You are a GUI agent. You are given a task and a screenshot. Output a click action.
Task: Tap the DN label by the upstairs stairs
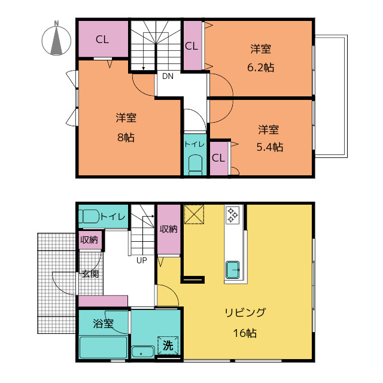tap(168, 76)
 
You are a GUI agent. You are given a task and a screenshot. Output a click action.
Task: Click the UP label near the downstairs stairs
tap(142, 260)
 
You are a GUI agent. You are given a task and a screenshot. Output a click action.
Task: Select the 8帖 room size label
tap(126, 138)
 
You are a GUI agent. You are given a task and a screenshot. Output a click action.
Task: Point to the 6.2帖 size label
tap(261, 68)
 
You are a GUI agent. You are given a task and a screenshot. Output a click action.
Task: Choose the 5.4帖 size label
tap(270, 147)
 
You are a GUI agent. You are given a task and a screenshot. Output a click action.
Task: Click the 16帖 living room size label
tap(245, 333)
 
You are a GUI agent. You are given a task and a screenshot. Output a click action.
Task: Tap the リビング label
tap(245, 312)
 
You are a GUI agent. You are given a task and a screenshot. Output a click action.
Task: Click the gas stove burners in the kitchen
tap(232, 215)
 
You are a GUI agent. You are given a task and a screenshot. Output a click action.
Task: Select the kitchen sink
tap(233, 270)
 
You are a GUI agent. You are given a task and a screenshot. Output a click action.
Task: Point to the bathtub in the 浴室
tap(104, 348)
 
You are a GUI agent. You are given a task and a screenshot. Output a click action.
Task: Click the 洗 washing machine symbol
tap(168, 345)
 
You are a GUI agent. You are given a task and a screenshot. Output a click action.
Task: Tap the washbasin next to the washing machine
tap(143, 352)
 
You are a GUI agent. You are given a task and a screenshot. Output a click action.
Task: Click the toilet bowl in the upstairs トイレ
tap(196, 165)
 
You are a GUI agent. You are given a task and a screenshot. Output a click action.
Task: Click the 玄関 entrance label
tap(90, 274)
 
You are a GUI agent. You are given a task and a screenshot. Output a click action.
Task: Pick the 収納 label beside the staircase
tap(169, 229)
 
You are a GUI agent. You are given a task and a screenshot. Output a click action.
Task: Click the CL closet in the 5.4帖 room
tap(219, 158)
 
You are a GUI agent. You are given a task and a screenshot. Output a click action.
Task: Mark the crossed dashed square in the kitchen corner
tap(194, 214)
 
